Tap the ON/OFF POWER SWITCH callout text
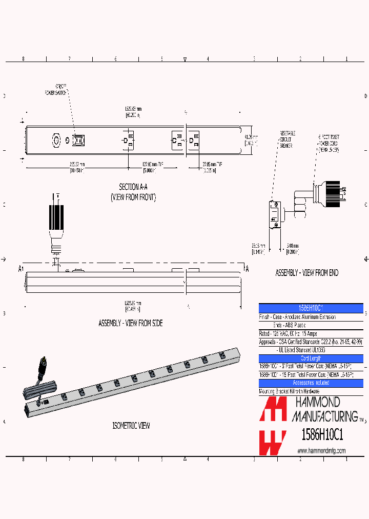point(57,90)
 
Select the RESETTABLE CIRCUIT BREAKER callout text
point(286,139)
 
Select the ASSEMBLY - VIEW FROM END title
point(307,273)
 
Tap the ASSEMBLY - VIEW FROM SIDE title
point(130,324)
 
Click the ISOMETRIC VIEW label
point(131,426)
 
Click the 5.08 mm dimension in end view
point(292,248)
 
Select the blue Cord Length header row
point(311,358)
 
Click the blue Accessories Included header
point(311,383)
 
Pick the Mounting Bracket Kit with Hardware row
point(290,391)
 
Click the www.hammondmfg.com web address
point(321,451)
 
